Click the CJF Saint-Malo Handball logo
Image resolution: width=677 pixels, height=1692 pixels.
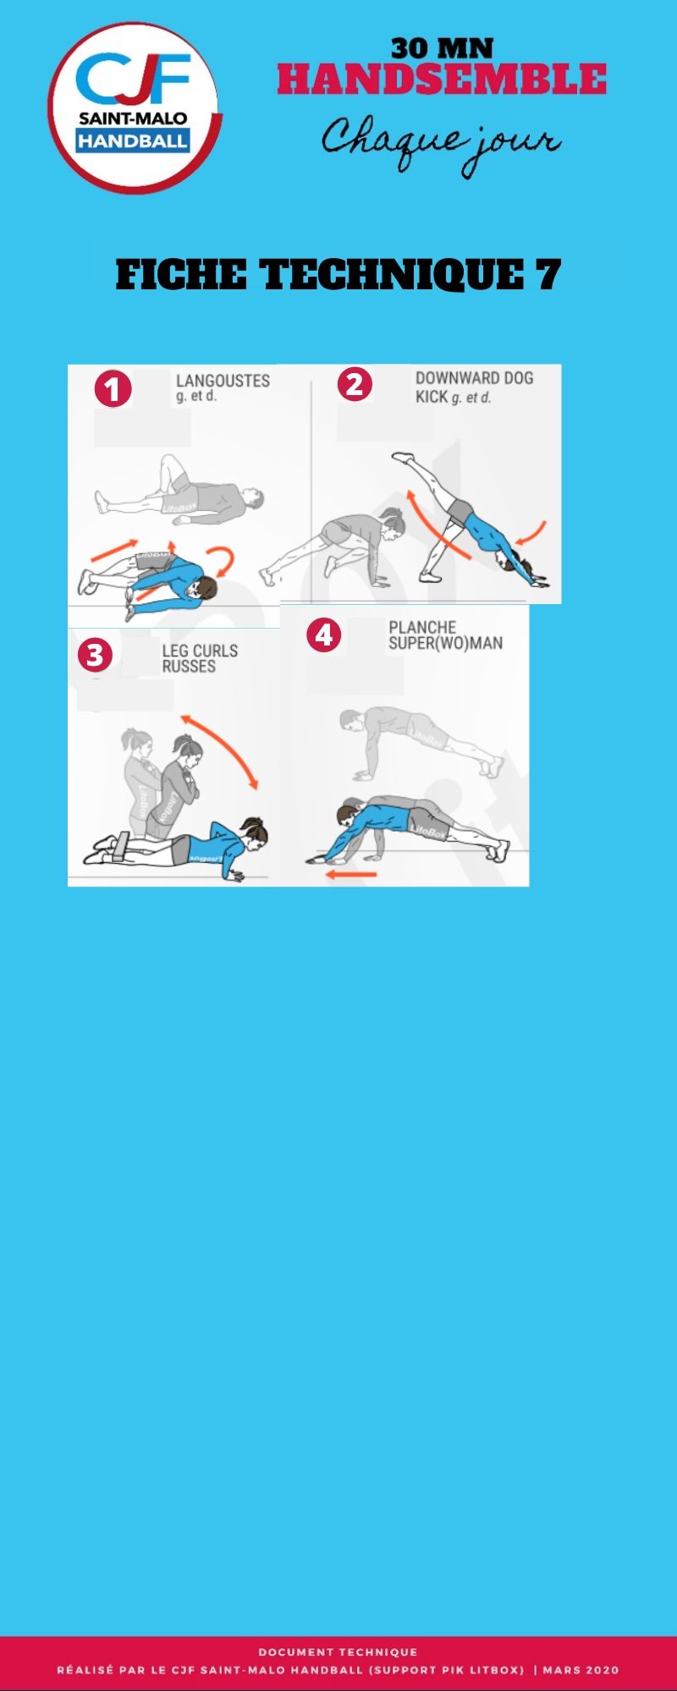(x=135, y=108)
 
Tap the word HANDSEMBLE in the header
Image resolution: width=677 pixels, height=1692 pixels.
(x=442, y=80)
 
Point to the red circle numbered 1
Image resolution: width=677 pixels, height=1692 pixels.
(x=113, y=389)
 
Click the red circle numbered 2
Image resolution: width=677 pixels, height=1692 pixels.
(x=355, y=383)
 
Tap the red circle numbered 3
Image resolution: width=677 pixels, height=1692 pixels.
(x=94, y=654)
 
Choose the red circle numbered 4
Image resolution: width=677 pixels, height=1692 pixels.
(x=323, y=634)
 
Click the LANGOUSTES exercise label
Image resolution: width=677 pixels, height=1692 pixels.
(x=223, y=381)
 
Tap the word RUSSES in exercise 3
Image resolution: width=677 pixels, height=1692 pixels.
(x=189, y=667)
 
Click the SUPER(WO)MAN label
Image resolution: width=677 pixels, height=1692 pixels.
(x=446, y=643)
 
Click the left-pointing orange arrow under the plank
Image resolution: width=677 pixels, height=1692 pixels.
(x=351, y=874)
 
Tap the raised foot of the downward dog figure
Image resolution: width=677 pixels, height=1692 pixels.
(x=403, y=458)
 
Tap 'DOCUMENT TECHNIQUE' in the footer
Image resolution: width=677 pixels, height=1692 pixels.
(x=338, y=1651)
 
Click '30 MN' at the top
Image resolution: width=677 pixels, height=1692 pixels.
(x=442, y=48)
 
